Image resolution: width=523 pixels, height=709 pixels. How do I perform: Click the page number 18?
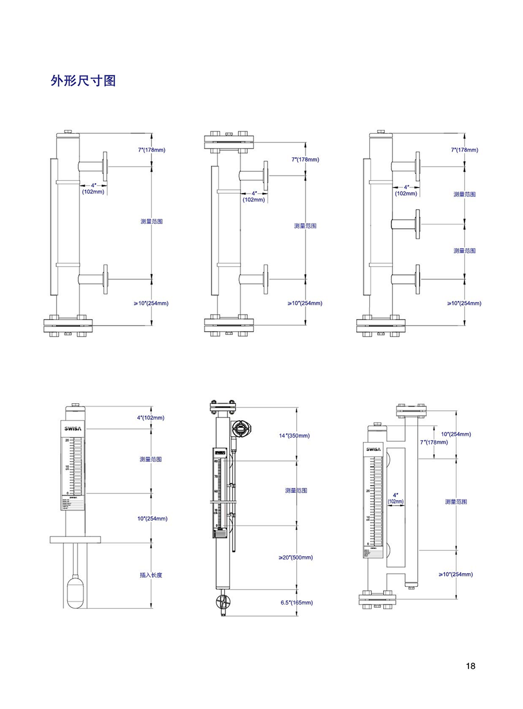470,666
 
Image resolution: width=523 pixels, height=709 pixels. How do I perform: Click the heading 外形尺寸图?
83,81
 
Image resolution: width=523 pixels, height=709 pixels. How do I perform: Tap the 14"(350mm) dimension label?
294,436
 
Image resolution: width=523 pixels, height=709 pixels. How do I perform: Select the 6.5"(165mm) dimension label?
296,602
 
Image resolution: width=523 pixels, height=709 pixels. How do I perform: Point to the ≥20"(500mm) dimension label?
296,557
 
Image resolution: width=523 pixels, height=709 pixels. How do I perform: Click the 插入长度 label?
151,575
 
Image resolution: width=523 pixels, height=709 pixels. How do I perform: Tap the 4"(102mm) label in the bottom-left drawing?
150,417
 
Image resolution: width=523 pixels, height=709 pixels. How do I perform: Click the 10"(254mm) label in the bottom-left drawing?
152,518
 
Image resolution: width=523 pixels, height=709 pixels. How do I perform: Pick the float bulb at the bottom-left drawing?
75,591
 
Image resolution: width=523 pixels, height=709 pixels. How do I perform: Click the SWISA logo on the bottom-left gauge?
73,428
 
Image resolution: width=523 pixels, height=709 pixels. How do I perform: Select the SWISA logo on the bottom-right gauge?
374,449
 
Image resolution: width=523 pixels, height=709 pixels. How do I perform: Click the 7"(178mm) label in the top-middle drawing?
305,160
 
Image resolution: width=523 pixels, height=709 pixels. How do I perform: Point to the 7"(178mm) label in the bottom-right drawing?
434,442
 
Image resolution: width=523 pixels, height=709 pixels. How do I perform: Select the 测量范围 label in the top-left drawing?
151,221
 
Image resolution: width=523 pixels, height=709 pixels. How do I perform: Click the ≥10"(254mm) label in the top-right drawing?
464,303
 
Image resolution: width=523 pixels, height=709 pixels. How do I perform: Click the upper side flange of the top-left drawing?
105,165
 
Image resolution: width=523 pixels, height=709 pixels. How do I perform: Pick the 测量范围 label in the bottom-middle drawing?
296,490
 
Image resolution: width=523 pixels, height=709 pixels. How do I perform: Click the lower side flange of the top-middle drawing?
266,279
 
